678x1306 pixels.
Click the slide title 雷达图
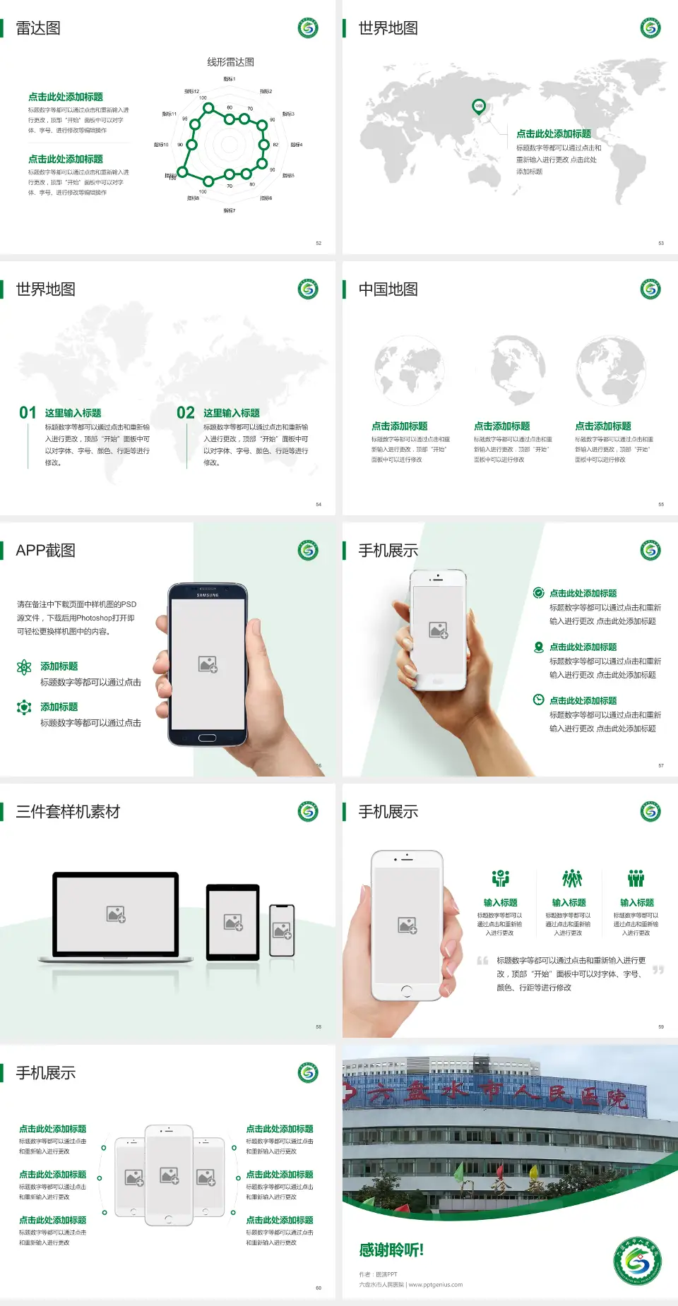coord(38,28)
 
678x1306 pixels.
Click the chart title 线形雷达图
coord(230,62)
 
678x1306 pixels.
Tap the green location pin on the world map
coord(478,107)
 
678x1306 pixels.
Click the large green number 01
coord(28,413)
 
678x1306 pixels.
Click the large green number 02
coord(186,413)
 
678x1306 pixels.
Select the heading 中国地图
coord(388,289)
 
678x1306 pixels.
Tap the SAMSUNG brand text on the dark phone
coord(208,595)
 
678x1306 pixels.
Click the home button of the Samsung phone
coord(207,738)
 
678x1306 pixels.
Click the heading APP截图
coord(46,551)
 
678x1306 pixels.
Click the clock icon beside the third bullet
coord(538,700)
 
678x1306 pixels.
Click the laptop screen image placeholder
coord(116,914)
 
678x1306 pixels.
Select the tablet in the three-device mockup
coord(233,921)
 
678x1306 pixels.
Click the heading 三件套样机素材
coord(68,812)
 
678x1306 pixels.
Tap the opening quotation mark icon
coord(482,960)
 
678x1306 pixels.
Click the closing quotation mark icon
coord(658,970)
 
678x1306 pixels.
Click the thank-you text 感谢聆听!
coord(391,1250)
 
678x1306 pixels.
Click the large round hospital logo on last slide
coord(637,1260)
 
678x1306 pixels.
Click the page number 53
coord(661,243)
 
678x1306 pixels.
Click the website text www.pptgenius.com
coord(435,1285)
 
